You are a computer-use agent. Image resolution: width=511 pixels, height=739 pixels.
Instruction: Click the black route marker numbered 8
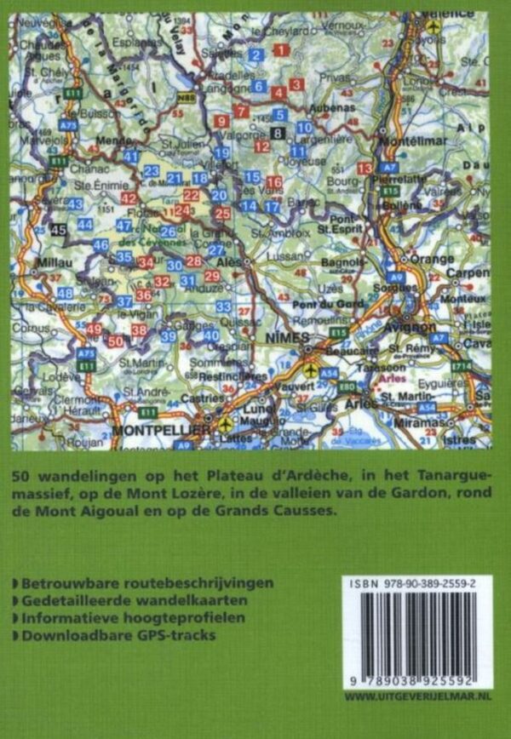pos(278,131)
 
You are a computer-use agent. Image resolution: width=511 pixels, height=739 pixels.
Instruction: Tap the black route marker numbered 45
pos(58,229)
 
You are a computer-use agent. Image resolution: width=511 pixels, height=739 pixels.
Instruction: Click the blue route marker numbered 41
pos(131,157)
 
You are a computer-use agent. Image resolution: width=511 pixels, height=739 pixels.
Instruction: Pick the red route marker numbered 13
pos(365,169)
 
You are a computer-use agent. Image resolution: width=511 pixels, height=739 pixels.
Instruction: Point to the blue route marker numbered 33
pos(224,306)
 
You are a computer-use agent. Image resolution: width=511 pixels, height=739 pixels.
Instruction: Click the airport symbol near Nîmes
pos(311,372)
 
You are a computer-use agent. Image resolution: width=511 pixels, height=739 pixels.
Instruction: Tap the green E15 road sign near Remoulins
pos(339,331)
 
